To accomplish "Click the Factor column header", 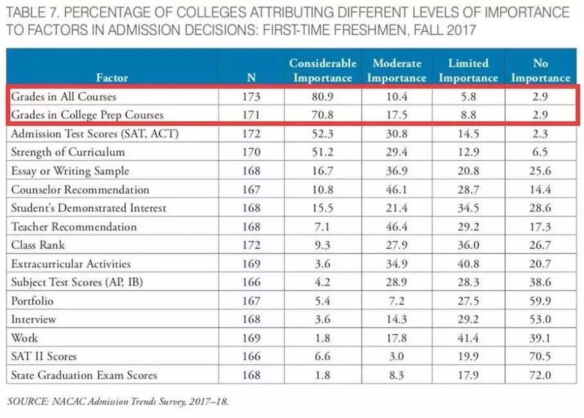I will pos(112,78).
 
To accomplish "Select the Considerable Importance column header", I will pos(322,71).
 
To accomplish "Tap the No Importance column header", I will pos(540,71).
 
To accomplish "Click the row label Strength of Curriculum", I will pos(67,152).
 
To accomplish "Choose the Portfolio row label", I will pos(32,300).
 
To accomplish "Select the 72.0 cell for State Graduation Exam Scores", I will pos(540,375).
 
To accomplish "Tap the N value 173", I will pos(252,97).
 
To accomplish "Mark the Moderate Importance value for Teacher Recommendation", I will pos(397,227).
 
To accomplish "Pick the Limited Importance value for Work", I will pos(468,338).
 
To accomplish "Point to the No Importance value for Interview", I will pos(540,319).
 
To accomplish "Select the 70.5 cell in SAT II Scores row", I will pos(540,356).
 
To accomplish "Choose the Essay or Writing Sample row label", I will pos(70,171).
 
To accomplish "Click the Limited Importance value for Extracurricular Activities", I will pos(468,263).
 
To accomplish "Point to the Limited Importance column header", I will pos(468,71).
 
